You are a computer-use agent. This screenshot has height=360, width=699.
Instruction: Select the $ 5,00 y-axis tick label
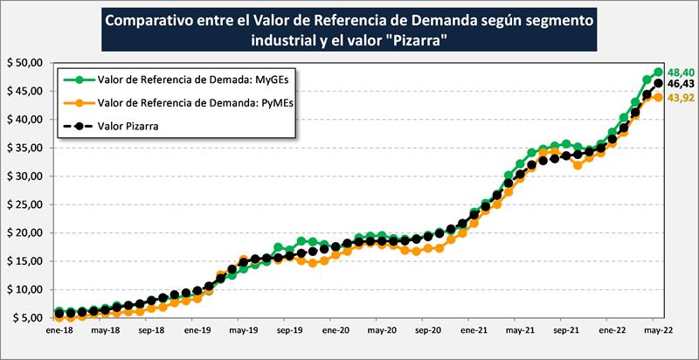point(26,318)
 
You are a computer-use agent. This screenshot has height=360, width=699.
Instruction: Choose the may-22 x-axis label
point(659,333)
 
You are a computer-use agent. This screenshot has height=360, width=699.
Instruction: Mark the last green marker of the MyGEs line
point(658,73)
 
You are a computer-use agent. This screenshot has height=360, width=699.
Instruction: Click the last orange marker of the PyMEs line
point(658,98)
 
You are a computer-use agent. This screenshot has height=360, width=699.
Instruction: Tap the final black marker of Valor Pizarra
point(658,84)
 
